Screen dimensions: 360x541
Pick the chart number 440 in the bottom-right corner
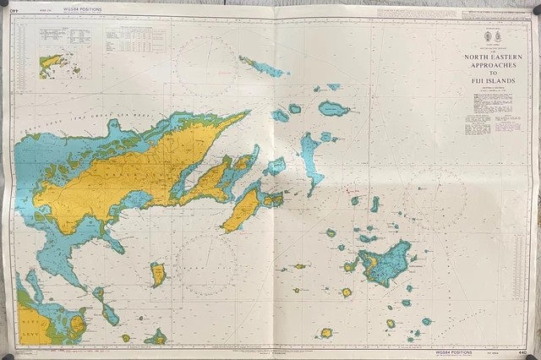point(524,350)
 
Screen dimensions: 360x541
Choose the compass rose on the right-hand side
point(434,199)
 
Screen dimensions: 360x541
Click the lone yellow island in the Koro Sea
point(158,274)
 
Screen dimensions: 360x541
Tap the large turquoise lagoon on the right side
point(385,263)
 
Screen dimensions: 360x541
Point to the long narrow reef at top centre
point(264,67)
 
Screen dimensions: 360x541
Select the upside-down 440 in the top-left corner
point(14,11)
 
